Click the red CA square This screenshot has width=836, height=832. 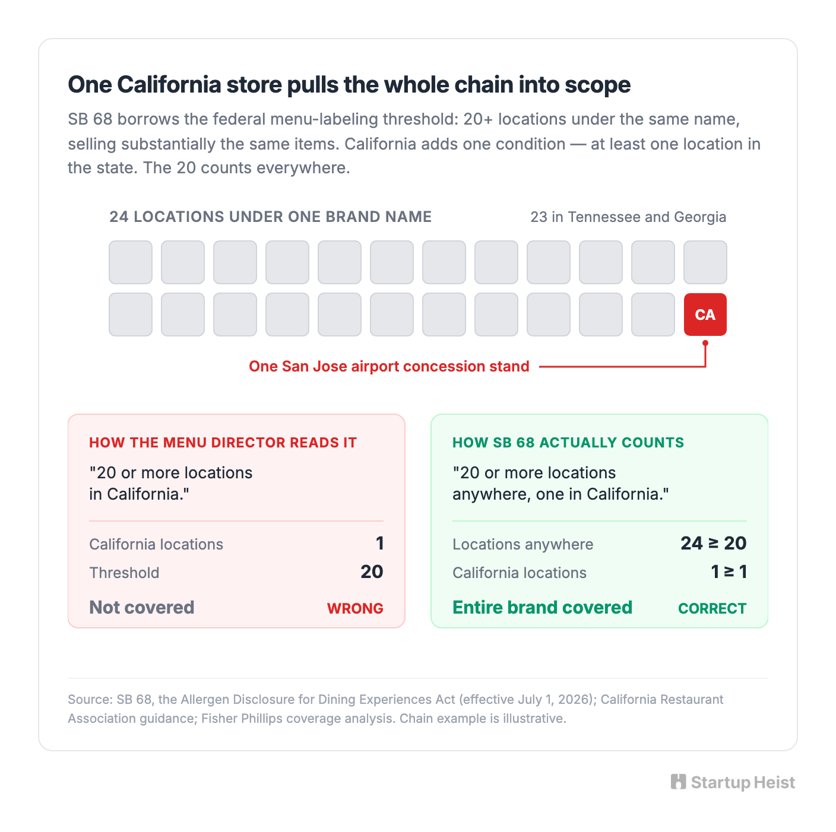click(705, 314)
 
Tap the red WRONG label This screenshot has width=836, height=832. click(355, 608)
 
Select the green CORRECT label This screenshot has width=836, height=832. click(711, 608)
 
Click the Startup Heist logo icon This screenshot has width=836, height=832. click(678, 782)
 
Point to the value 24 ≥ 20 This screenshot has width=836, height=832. click(712, 543)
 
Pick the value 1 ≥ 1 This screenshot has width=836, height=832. click(729, 571)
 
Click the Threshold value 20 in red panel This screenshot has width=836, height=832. click(372, 571)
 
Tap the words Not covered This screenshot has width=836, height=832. click(141, 607)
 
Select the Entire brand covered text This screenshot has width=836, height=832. click(542, 607)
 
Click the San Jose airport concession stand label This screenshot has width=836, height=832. click(389, 366)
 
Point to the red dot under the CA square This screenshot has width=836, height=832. click(705, 342)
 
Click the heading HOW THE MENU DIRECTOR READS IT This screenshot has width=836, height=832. click(223, 443)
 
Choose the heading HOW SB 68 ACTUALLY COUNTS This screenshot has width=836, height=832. click(568, 443)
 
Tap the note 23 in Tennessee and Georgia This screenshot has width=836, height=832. click(628, 217)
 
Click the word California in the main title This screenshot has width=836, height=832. click(169, 85)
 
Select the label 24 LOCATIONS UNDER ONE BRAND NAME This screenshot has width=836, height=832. click(270, 217)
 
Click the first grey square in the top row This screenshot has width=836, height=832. click(131, 262)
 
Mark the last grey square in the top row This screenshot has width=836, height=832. click(705, 262)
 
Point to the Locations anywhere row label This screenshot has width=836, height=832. click(522, 544)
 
